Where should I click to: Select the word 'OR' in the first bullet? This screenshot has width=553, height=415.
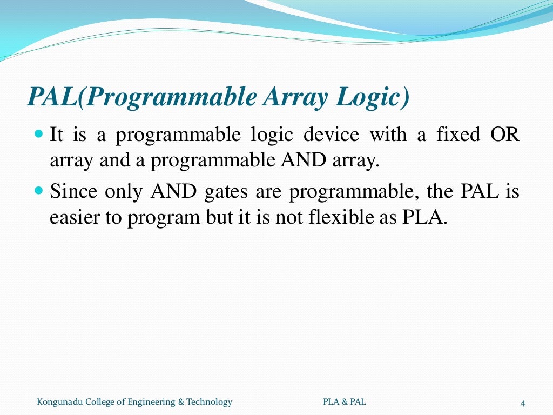(505, 134)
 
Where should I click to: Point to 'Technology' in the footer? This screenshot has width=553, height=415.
(209, 401)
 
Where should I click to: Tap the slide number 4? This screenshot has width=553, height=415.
(523, 403)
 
